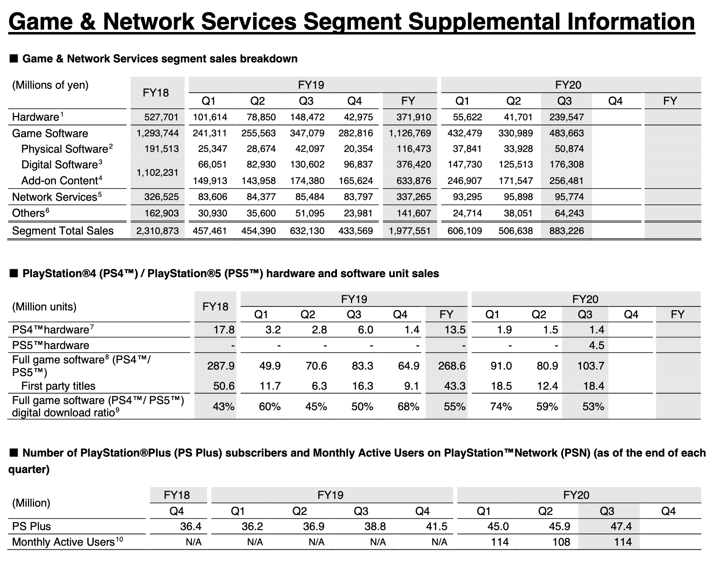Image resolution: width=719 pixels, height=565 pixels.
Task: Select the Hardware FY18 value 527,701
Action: point(161,117)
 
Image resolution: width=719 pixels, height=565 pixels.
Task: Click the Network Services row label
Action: point(54,197)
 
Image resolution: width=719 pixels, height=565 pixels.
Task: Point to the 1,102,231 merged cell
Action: point(157,172)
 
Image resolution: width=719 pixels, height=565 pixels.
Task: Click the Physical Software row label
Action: point(65,149)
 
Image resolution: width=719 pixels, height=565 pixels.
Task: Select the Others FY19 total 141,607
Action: point(414,213)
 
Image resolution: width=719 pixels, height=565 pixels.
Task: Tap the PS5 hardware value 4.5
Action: point(596,345)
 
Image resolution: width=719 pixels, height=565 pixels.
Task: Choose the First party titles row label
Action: point(58,386)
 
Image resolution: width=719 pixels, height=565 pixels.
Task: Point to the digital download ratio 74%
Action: point(501,407)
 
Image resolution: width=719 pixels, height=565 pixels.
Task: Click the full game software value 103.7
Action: point(590,365)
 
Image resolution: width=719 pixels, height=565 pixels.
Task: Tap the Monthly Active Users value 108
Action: point(561,542)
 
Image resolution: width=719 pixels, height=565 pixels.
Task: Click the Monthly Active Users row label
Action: point(63,542)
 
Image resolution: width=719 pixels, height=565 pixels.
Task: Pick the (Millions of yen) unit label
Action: point(50,85)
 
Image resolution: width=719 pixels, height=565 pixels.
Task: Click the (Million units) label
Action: point(44,307)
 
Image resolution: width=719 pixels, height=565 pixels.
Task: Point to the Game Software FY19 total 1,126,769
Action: point(410,133)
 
